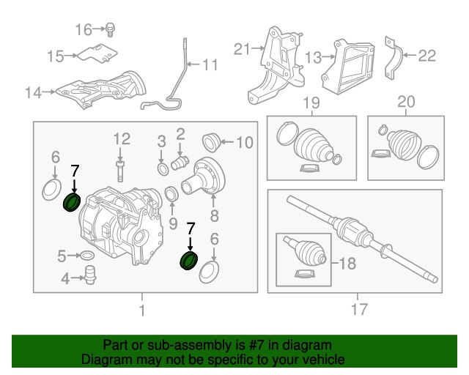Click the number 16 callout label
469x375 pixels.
[x=84, y=29]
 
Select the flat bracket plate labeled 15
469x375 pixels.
[x=100, y=54]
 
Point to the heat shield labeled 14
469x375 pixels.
[x=103, y=89]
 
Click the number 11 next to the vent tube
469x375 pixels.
[x=210, y=65]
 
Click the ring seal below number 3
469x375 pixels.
[x=161, y=171]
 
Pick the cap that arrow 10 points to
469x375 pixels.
[x=211, y=139]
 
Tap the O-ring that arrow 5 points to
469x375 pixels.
[x=86, y=256]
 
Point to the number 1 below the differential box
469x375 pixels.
[x=142, y=311]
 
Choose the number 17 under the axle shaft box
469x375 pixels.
[x=358, y=311]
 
